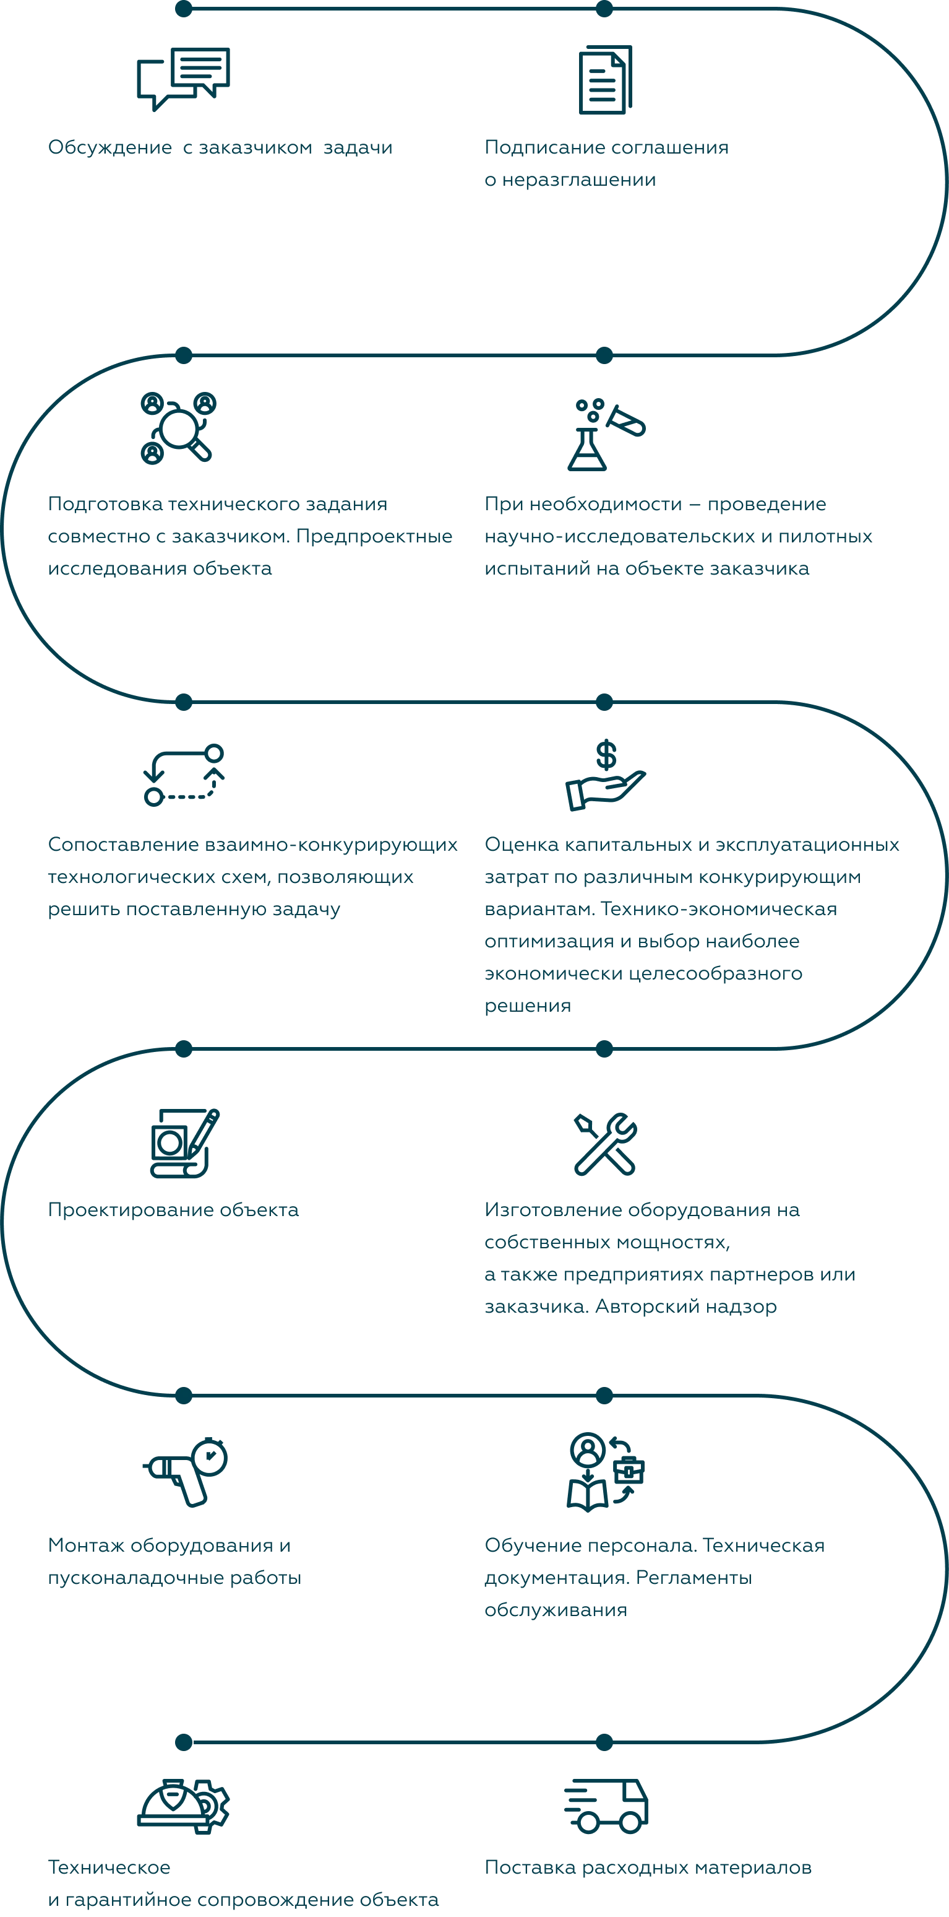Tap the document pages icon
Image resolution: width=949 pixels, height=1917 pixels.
[x=606, y=80]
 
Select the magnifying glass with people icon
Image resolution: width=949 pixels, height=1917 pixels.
[x=179, y=427]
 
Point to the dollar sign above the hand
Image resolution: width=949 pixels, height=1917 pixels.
[x=606, y=755]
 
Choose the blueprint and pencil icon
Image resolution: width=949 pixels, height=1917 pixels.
[x=184, y=1143]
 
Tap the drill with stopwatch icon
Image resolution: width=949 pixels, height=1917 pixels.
[x=185, y=1471]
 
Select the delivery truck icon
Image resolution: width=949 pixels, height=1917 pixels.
[x=606, y=1806]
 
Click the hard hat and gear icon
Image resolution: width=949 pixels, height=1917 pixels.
[x=184, y=1806]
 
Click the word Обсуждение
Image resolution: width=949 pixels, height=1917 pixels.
[x=110, y=147]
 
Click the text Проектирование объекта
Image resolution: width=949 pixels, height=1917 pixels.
[x=173, y=1210]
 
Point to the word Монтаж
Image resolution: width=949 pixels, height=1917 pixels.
[x=86, y=1545]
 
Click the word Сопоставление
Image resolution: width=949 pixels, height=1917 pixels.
[x=124, y=845]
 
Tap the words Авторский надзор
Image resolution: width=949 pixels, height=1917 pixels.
[x=687, y=1306]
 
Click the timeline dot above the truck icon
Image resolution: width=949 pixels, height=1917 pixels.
[x=604, y=1742]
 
